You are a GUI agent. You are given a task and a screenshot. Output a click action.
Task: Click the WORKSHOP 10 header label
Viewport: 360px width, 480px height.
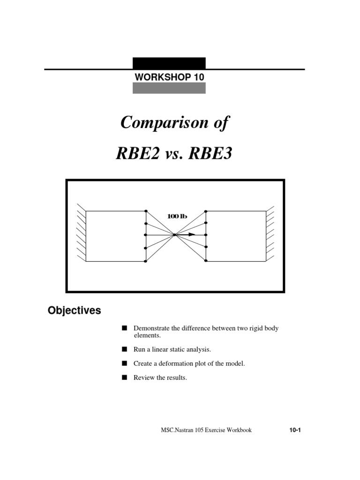pyautogui.click(x=169, y=77)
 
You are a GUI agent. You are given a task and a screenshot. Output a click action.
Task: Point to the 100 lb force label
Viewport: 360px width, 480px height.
pyautogui.click(x=177, y=216)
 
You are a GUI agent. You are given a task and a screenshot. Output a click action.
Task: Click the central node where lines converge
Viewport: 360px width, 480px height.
pyautogui.click(x=174, y=234)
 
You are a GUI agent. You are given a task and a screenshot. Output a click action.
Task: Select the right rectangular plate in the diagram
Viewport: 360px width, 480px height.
pyautogui.click(x=236, y=236)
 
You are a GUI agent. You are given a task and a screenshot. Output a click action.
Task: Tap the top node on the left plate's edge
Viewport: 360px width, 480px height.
pyautogui.click(x=146, y=211)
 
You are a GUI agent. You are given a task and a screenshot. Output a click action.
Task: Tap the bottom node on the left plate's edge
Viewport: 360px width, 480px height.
pyautogui.click(x=146, y=261)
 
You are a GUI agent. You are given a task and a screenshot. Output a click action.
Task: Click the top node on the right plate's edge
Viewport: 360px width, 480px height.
pyautogui.click(x=206, y=211)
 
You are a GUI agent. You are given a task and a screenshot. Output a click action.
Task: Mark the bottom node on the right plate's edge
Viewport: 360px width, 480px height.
pyautogui.click(x=206, y=261)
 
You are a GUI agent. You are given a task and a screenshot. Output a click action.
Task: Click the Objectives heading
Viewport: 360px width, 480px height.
pyautogui.click(x=74, y=311)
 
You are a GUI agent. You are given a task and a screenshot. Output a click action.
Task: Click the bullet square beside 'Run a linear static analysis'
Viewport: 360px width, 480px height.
pyautogui.click(x=124, y=350)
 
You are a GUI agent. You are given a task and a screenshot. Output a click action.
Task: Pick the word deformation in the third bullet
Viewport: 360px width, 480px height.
pyautogui.click(x=179, y=364)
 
